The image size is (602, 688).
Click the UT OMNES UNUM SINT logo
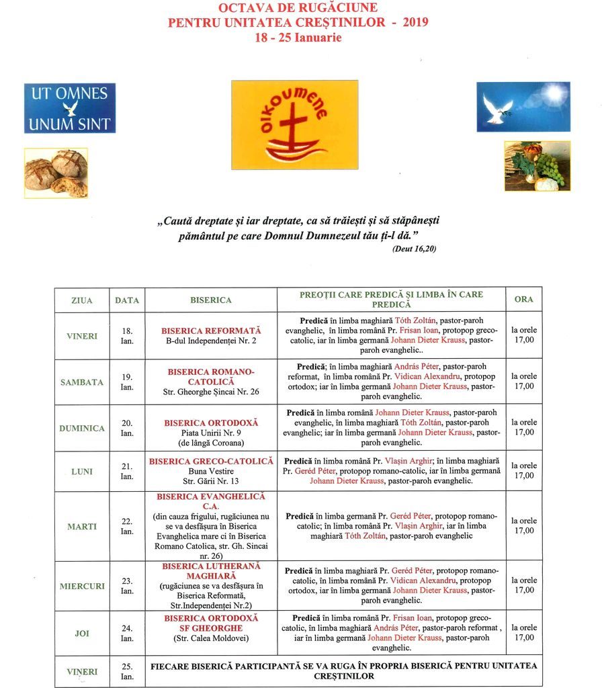coord(69,108)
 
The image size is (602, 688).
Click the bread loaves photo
coord(56,173)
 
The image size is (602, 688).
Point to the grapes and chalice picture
coord(537,166)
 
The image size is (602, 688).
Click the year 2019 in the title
coord(415,23)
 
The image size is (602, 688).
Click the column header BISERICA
coord(210,300)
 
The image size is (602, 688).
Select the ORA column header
coord(523,299)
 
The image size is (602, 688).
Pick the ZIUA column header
coord(81,300)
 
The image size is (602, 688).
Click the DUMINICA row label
coord(82,428)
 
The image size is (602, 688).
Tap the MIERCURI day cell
coord(82,586)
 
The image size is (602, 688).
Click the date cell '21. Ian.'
coord(127,471)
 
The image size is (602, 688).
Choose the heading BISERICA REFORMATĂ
coord(211,331)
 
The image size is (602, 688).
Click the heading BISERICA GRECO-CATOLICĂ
coord(211,462)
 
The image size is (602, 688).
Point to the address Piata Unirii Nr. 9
coord(211,433)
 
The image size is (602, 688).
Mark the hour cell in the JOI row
coord(523,633)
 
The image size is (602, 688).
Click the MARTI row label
coord(82,527)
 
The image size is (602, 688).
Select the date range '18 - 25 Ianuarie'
coord(298,38)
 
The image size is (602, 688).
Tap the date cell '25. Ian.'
coord(127,671)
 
